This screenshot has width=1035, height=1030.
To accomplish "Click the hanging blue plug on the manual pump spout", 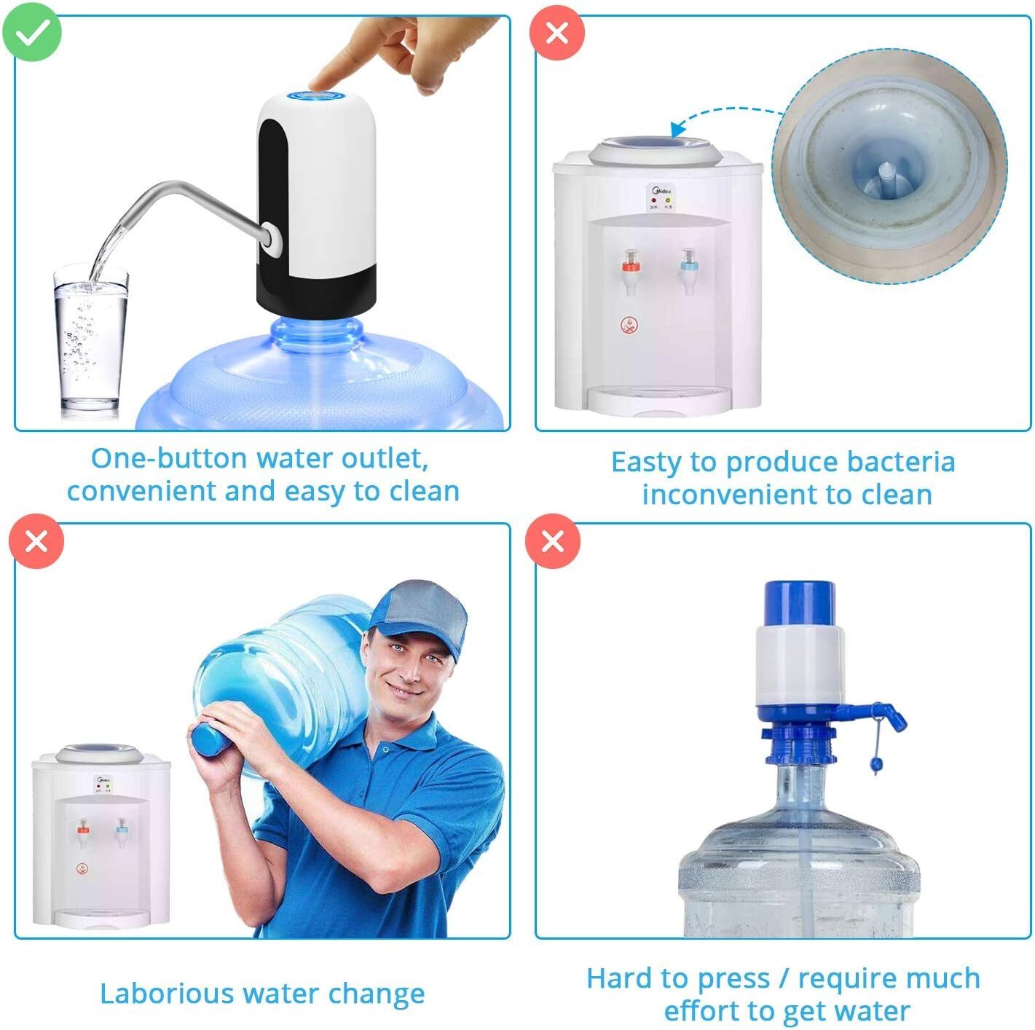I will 876,764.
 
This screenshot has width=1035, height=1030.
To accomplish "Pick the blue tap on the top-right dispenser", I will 687,260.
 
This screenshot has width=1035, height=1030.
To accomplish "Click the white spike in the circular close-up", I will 886,176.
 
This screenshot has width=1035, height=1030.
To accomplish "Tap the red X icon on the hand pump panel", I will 553,541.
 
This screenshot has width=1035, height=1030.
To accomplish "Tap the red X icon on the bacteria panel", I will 556,33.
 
